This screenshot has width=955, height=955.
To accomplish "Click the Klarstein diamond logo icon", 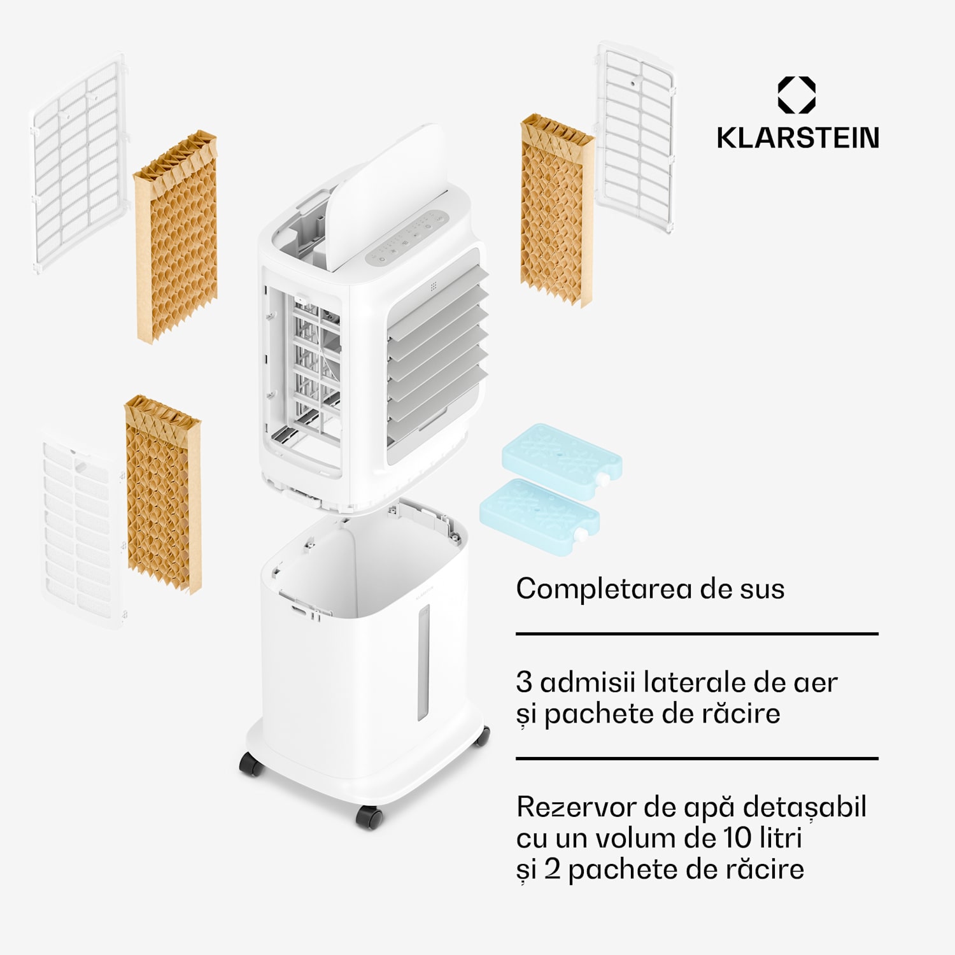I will (x=796, y=95).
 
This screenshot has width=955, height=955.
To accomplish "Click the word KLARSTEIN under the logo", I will (x=798, y=138).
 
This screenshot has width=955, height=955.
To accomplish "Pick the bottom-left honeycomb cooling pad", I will (x=163, y=494).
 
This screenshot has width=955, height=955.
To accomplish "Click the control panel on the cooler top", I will (x=407, y=239).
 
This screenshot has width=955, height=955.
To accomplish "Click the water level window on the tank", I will (x=423, y=662).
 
